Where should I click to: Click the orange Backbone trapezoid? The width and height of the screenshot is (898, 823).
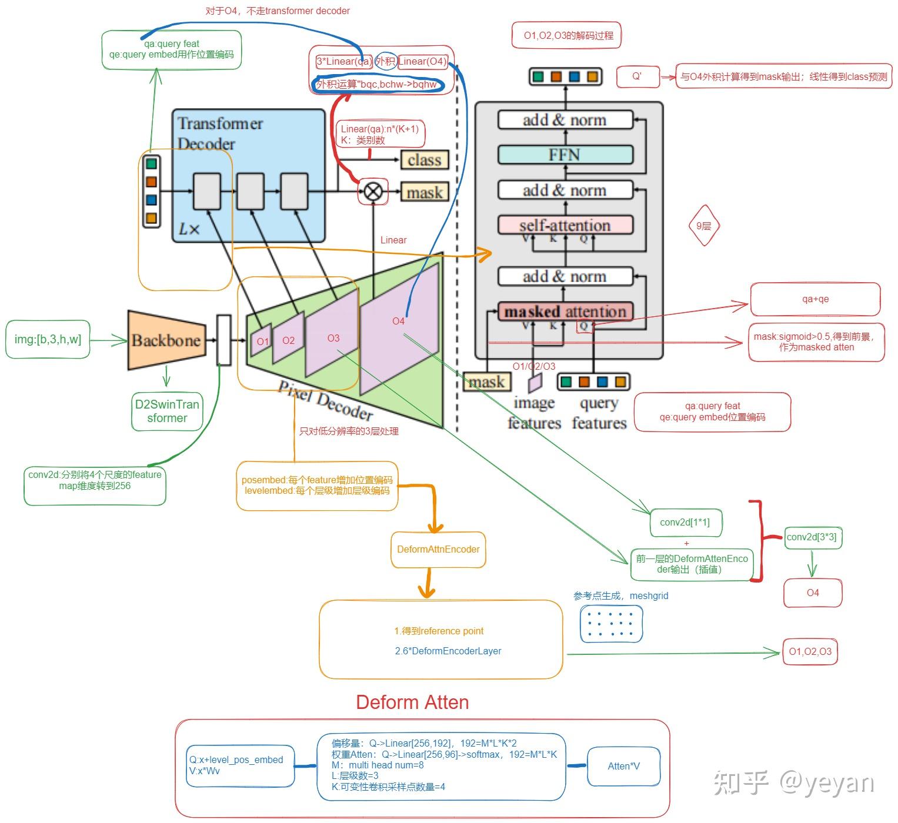tap(166, 340)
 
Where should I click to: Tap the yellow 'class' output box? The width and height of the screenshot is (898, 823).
tap(424, 160)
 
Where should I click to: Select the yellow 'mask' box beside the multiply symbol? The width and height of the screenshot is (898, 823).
tap(424, 192)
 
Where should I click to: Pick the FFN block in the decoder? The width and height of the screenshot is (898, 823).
tap(565, 155)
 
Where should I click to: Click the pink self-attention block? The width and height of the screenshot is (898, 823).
tap(565, 225)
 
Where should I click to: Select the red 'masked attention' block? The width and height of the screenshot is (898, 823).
tap(565, 312)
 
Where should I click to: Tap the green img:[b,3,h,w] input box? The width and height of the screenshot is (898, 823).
tap(48, 339)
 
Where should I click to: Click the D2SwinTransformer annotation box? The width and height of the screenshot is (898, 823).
tap(167, 411)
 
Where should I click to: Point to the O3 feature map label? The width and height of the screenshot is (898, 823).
tap(333, 338)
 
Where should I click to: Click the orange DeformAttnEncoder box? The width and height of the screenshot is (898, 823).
tap(438, 549)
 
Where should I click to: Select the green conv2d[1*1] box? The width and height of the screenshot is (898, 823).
tap(685, 522)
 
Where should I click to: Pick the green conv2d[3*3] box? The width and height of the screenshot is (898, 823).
tap(811, 537)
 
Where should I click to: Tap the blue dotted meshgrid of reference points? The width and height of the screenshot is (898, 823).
tap(611, 624)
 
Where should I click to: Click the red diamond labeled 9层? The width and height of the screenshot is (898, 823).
tap(703, 226)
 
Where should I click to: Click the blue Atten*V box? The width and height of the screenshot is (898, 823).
tap(623, 766)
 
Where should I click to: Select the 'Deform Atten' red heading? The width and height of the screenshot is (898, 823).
tap(412, 702)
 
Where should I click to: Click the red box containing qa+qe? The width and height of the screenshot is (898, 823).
tap(815, 299)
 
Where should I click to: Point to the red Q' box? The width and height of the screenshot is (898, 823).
tap(637, 76)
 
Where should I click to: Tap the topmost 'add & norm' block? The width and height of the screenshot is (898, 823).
tap(565, 120)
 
